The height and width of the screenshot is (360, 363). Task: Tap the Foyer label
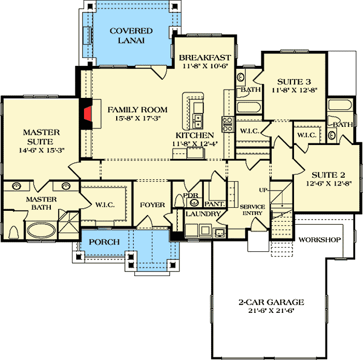pyautogui.click(x=152, y=205)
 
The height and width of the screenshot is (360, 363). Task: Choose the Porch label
pyautogui.click(x=105, y=242)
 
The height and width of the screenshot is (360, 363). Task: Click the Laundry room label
pyautogui.click(x=204, y=213)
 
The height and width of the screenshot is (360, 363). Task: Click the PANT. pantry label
pyautogui.click(x=213, y=205)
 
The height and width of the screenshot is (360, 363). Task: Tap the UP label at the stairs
pyautogui.click(x=263, y=190)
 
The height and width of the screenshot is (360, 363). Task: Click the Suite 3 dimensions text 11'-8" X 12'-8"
pyautogui.click(x=294, y=90)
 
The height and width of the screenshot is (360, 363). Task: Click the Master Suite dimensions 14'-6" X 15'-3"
pyautogui.click(x=41, y=150)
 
